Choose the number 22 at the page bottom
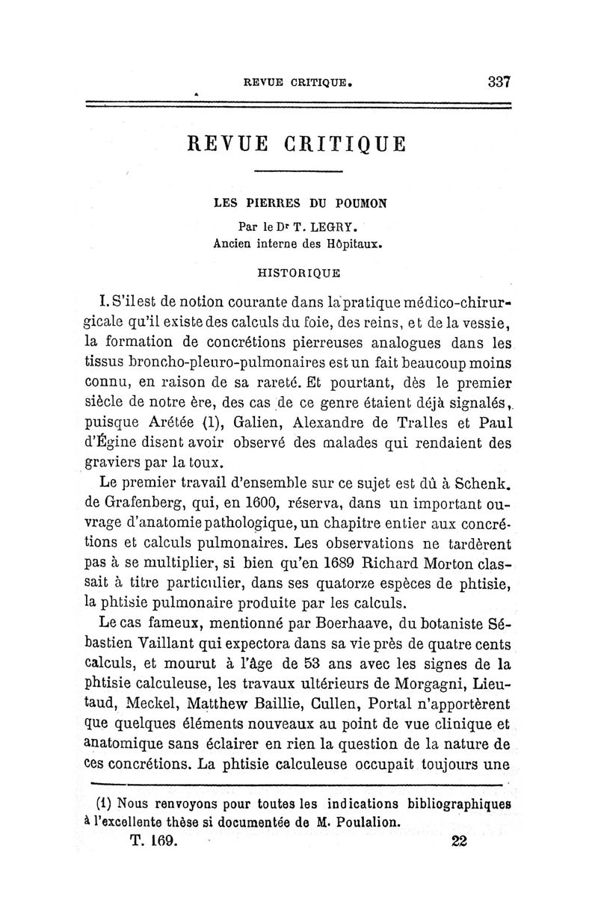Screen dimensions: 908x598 [459, 839]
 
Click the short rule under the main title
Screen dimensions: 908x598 [298, 173]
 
